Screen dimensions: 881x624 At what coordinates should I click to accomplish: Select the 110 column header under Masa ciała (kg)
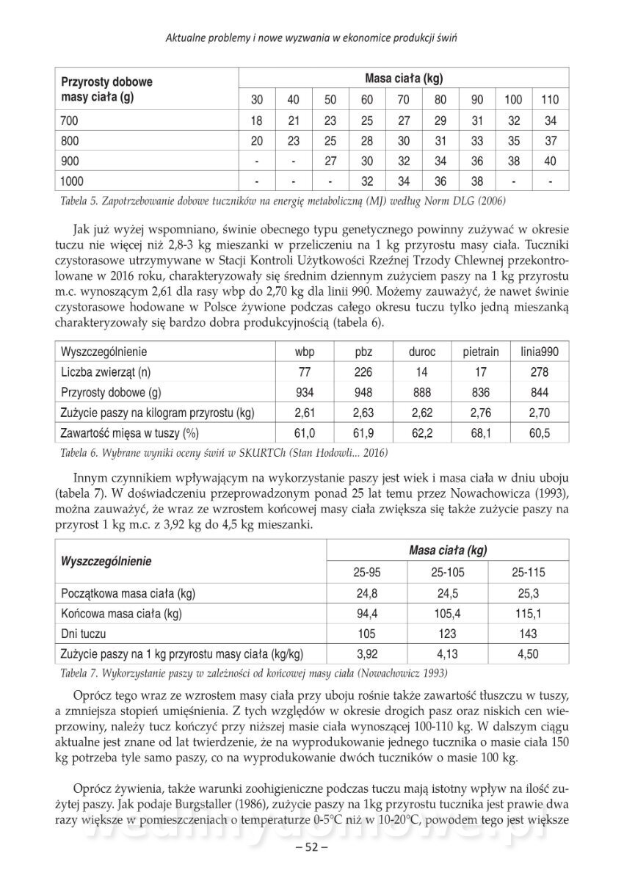point(550,99)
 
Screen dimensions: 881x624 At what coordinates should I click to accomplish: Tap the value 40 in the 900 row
point(550,161)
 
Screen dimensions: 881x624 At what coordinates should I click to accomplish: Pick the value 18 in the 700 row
point(257,120)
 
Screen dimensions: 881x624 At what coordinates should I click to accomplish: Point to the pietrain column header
point(481,352)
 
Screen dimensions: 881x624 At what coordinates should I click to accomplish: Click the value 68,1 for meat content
point(481,434)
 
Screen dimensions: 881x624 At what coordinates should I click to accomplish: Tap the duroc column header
point(421,352)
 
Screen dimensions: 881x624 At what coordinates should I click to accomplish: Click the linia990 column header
point(539,352)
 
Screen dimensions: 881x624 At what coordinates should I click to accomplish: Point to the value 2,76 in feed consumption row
point(481,413)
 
